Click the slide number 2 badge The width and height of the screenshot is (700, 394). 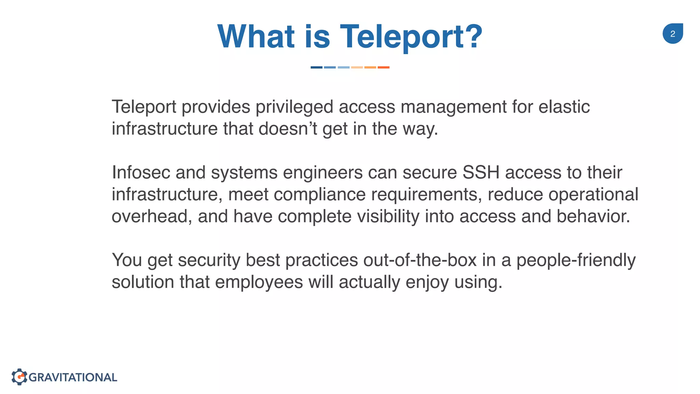pos(672,34)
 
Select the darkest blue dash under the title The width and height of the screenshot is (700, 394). pos(316,67)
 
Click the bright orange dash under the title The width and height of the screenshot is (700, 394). pos(383,67)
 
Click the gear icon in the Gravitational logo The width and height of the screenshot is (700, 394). pos(19,377)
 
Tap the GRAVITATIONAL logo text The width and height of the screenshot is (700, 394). pos(73,377)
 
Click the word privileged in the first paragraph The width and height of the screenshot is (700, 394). pos(294,107)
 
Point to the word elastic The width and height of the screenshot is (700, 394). pos(564,107)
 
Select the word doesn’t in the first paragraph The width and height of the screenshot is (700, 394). pos(288,129)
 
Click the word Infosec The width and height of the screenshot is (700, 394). pos(141,172)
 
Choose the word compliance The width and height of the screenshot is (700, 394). pos(320,194)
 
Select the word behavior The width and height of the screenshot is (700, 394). pos(593,216)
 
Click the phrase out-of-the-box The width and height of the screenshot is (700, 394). pos(420,260)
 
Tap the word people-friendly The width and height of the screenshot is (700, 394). pos(576,260)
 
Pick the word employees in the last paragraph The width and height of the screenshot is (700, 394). pos(259,282)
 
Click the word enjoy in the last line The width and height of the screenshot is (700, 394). pos(427,282)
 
